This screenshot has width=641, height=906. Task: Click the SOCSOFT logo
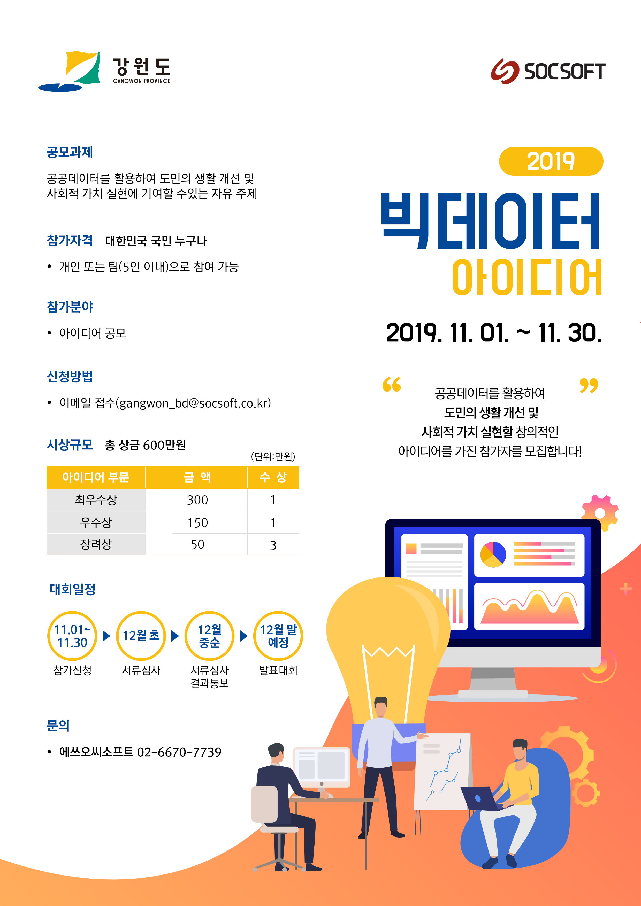click(548, 72)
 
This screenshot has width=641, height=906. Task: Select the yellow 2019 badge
click(551, 161)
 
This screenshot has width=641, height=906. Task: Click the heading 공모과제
click(70, 152)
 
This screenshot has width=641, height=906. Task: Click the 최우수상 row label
click(96, 499)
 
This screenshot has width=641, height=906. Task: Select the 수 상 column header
click(273, 477)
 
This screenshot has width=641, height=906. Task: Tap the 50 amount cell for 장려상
click(197, 544)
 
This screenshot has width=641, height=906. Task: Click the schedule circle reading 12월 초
click(141, 636)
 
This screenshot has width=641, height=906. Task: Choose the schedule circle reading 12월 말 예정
click(278, 636)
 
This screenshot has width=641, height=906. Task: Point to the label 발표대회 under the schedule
click(278, 670)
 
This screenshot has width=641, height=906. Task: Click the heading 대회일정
click(73, 589)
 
